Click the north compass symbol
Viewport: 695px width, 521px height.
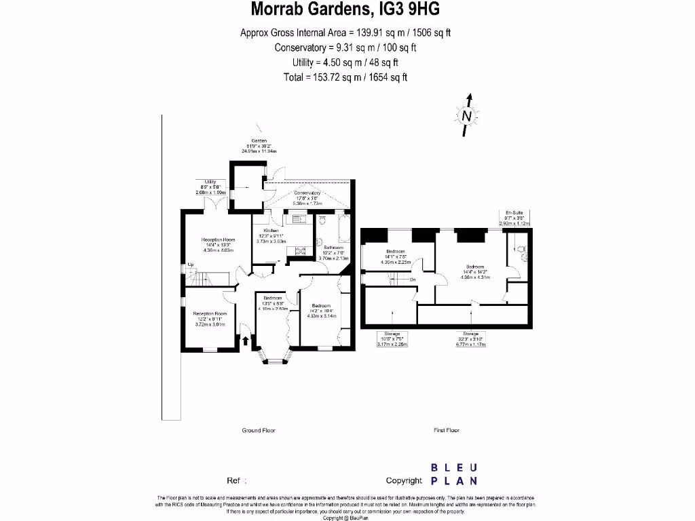(x=467, y=115)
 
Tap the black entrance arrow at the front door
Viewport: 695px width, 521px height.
(x=245, y=339)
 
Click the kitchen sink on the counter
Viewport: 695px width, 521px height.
(x=297, y=218)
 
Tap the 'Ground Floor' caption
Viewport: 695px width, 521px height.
(x=259, y=430)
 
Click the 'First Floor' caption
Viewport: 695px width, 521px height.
(x=447, y=430)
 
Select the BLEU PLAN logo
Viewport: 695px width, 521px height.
(x=454, y=474)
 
